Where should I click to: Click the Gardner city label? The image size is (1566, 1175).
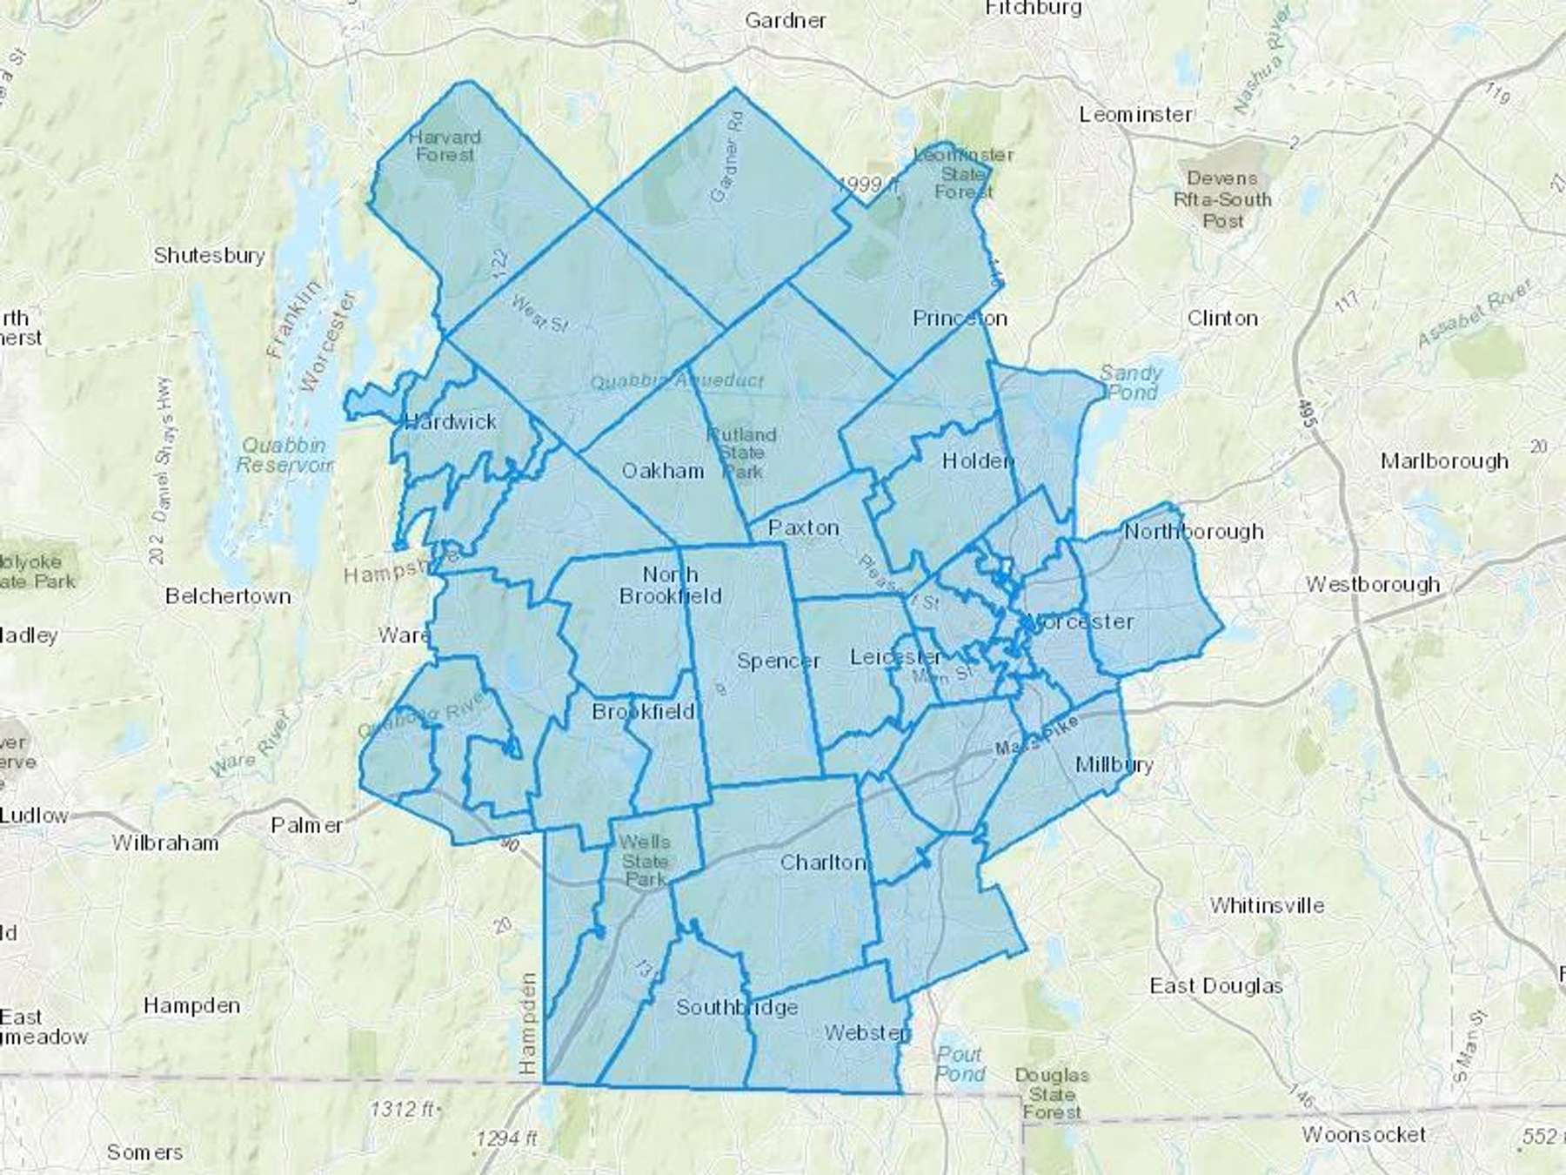pos(785,20)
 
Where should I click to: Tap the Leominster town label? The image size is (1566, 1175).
pos(1135,114)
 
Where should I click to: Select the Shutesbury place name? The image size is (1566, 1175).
pos(209,255)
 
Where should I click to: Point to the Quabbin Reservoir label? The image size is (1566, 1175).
pos(284,454)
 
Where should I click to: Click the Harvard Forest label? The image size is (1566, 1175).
pos(445,145)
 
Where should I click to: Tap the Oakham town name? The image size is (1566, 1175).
pos(662,471)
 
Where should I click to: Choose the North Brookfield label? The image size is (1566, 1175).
pos(670,585)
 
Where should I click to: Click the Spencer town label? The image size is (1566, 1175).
pos(778,661)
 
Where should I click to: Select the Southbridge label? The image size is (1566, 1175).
pos(736,1007)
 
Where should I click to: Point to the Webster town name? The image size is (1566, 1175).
pos(867,1032)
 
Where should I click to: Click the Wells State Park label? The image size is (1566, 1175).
pos(645,861)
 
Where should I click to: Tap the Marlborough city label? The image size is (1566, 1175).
pos(1444,460)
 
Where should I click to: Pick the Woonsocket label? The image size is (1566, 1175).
pos(1363,1134)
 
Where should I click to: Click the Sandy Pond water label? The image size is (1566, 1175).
pos(1130,382)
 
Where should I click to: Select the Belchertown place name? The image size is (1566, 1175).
pos(228,596)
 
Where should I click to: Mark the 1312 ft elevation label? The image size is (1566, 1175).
pos(403,1109)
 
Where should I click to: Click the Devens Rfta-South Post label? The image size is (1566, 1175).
pos(1221,199)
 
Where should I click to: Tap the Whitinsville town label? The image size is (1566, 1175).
pos(1267,905)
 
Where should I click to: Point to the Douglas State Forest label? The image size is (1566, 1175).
pos(1051,1093)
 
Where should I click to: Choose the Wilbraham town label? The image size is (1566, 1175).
pos(165,843)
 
